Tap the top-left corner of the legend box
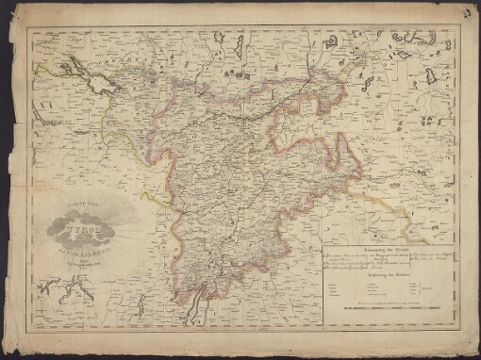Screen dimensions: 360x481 (323, 247)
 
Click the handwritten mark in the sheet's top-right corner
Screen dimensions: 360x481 (468, 13)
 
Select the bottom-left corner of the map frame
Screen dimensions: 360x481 (28, 338)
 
